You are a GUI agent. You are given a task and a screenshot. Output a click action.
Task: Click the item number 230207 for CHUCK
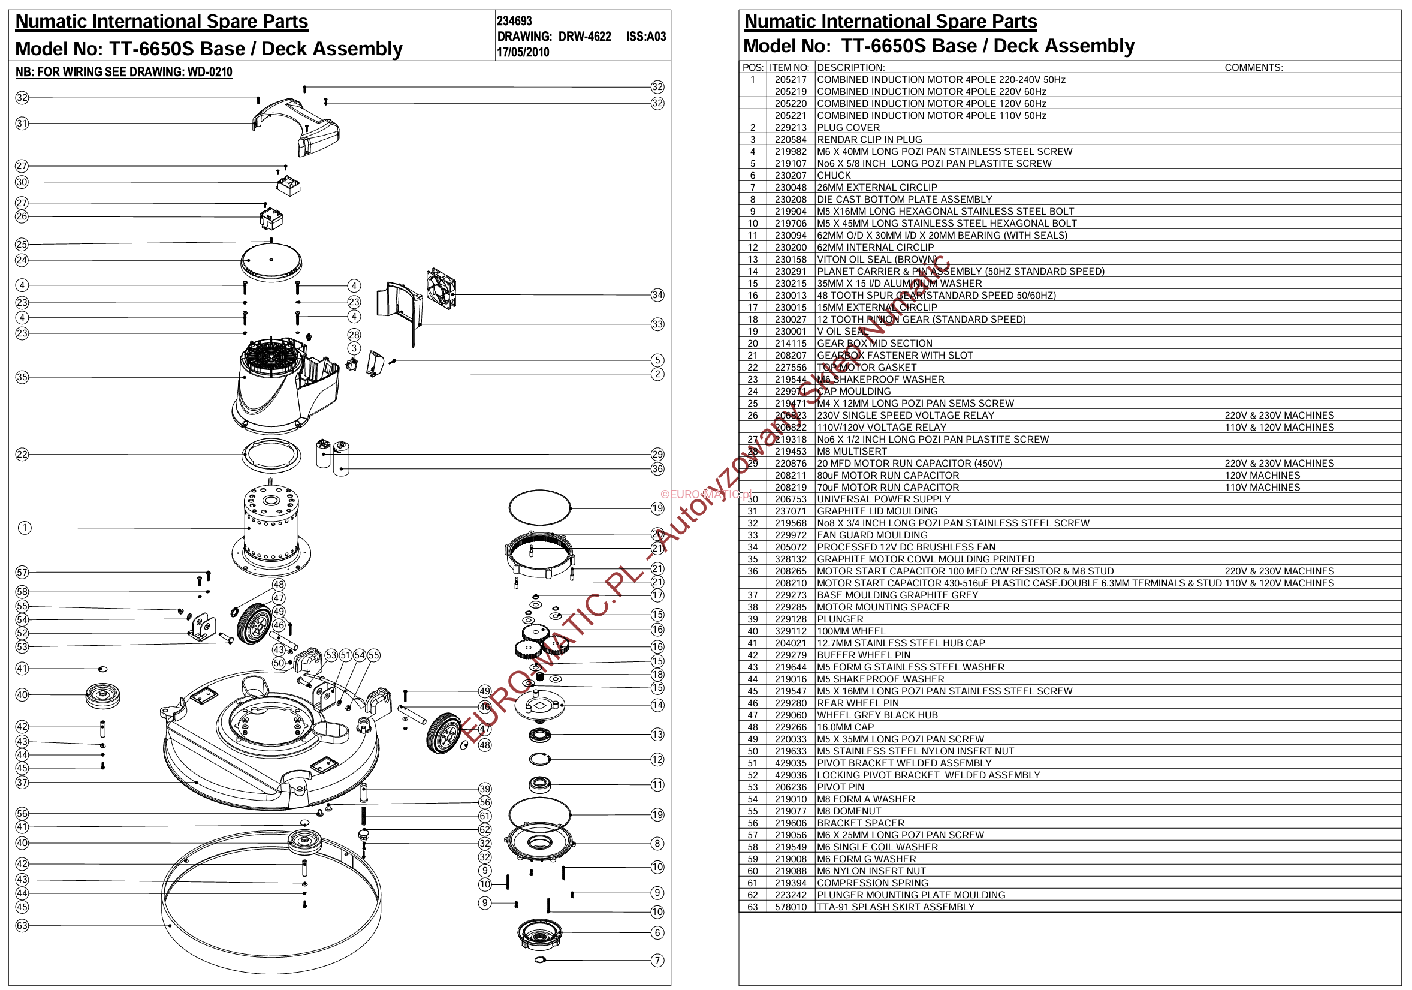pos(791,175)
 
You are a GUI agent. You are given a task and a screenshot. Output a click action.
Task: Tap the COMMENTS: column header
pos(1253,68)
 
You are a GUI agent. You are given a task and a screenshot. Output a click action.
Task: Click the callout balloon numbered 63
pos(22,925)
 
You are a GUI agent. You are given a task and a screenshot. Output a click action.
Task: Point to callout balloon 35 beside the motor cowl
pos(22,377)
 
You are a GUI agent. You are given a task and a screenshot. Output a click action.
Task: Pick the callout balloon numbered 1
pos(24,528)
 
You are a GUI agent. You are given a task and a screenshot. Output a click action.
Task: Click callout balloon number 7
pos(657,961)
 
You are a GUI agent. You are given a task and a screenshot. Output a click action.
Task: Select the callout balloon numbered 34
pos(657,295)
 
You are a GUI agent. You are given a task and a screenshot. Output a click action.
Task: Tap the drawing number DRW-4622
pos(584,37)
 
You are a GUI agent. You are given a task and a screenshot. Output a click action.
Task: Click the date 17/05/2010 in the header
pos(523,52)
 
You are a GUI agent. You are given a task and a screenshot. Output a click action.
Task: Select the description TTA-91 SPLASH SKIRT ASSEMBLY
pos(895,907)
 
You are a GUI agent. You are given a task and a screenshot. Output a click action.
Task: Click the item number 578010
pos(791,907)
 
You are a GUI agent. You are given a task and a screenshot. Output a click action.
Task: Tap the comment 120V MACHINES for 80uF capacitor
pos(1262,475)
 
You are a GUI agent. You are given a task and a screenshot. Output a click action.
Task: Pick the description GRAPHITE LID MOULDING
pos(877,511)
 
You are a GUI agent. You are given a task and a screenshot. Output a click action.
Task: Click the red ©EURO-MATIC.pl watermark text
pos(705,494)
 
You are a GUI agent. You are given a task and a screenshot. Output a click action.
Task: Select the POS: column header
pos(753,68)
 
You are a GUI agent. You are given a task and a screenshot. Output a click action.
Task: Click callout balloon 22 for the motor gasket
pos(22,455)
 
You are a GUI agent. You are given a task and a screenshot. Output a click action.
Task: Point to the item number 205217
pos(791,79)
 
